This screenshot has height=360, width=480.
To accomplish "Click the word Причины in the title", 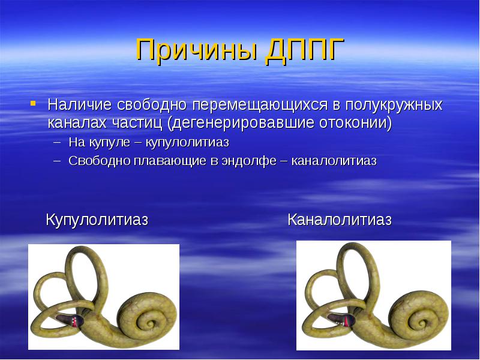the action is (x=196, y=50).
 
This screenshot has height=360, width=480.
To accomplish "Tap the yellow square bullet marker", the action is (x=33, y=103).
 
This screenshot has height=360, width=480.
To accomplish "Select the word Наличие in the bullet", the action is (x=80, y=104).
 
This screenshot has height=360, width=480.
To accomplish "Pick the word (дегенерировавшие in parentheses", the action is (x=241, y=123).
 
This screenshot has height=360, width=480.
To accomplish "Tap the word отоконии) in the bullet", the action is (x=356, y=123).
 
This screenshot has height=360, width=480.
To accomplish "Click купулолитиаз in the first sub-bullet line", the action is (x=187, y=143).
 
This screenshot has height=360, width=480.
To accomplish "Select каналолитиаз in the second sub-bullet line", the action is (x=334, y=161).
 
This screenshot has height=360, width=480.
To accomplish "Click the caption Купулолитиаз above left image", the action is (x=97, y=220).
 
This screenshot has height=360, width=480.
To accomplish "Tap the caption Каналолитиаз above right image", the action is (x=340, y=220).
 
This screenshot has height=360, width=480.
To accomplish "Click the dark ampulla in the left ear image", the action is (x=71, y=320).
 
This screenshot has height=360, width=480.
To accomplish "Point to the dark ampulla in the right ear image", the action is (x=341, y=320).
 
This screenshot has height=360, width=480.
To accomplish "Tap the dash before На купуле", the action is (x=56, y=143).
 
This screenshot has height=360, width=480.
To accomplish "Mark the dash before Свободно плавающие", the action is (x=56, y=161).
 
